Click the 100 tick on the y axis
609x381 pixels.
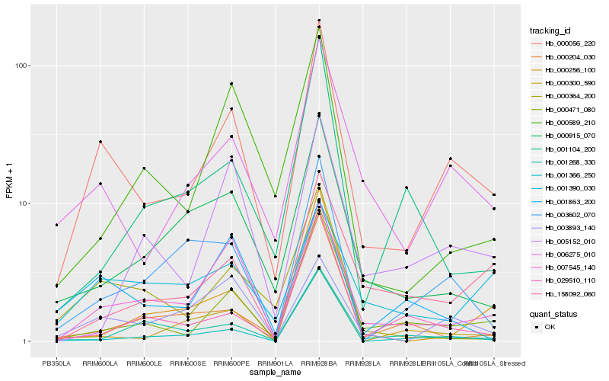tap(22, 66)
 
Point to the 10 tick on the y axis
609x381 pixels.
tap(24, 203)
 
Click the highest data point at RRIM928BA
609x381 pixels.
tap(319, 21)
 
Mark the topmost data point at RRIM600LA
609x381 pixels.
tap(100, 142)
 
